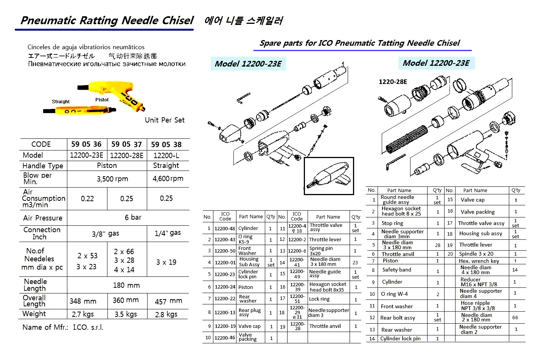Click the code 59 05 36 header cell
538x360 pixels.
86,144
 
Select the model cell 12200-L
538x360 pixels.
166,155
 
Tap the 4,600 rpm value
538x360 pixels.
168,178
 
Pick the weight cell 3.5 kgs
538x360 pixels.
126,314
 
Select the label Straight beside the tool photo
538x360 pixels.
61,101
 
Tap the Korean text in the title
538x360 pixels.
243,20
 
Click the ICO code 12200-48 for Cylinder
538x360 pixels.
225,228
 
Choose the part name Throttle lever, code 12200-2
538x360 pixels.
325,239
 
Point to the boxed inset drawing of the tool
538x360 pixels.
329,176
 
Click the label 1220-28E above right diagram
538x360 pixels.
393,82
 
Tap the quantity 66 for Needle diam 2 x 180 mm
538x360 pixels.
515,318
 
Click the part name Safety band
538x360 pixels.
396,270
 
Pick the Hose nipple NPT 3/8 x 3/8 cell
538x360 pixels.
478,306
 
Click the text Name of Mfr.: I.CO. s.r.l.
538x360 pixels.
63,327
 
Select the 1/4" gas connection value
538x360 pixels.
168,233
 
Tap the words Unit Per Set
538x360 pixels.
165,120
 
